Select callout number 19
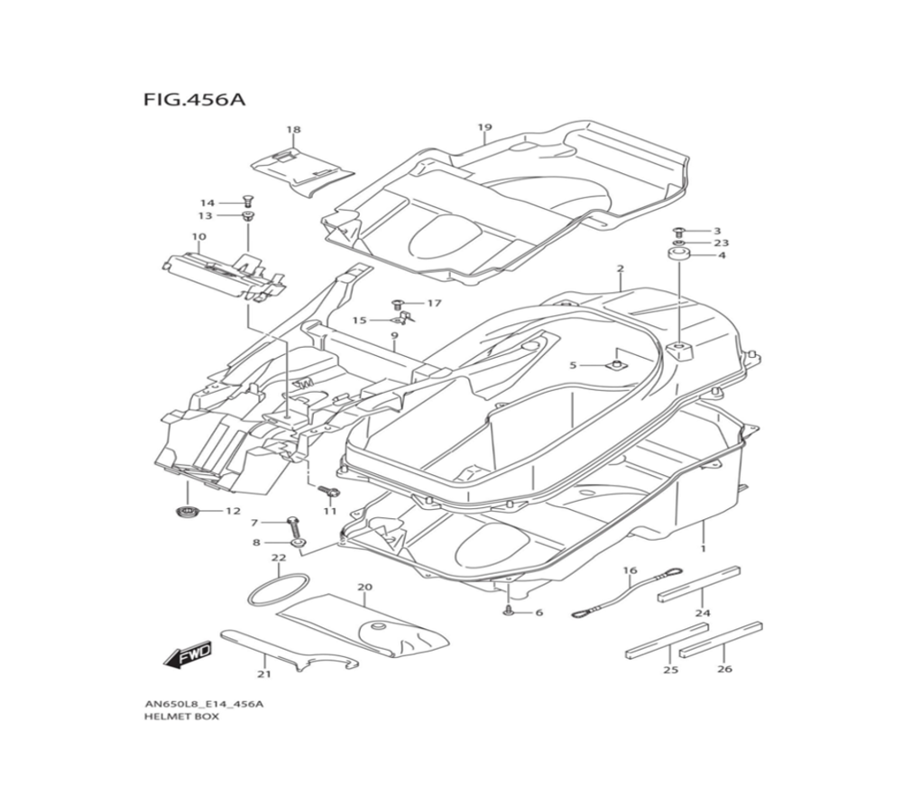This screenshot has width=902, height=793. tap(484, 127)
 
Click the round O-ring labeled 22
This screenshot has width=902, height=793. tap(278, 589)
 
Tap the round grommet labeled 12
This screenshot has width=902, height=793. tap(187, 512)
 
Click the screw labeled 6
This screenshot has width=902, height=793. tap(511, 611)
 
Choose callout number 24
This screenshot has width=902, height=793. tap(703, 614)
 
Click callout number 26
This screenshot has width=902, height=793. tap(724, 669)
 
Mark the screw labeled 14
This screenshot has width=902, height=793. tap(247, 200)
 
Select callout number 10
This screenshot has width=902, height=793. tap(198, 237)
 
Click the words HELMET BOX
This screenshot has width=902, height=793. tap(180, 717)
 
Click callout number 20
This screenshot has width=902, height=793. tap(364, 588)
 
